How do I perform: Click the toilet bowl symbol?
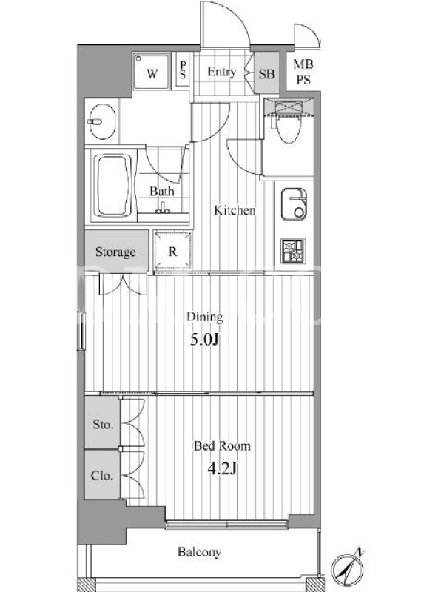[x=289, y=128]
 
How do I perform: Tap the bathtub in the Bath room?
[x=112, y=186]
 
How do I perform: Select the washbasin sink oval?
[x=102, y=121]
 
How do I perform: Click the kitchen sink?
[x=294, y=204]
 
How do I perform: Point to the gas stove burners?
[x=293, y=251]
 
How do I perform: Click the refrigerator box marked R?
[x=173, y=250]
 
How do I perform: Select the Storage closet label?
[x=115, y=252]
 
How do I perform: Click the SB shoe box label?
[x=266, y=73]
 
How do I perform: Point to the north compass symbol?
[x=348, y=568]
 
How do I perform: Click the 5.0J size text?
[x=204, y=340]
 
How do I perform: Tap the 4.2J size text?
[x=223, y=469]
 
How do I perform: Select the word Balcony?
[x=199, y=552]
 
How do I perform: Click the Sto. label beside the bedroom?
[x=103, y=424]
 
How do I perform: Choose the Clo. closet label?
[x=102, y=475]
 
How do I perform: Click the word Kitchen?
[x=235, y=210]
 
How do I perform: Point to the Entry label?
[x=221, y=71]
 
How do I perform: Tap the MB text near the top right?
[x=303, y=64]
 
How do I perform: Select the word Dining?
[x=205, y=317]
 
